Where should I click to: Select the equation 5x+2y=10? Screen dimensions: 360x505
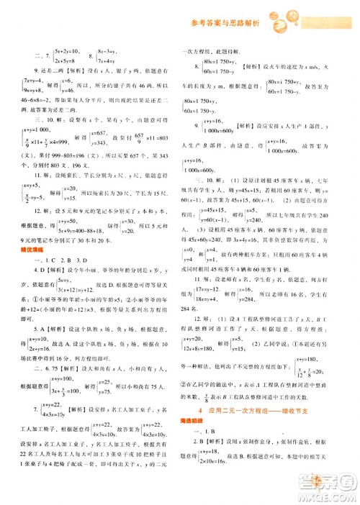69,52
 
